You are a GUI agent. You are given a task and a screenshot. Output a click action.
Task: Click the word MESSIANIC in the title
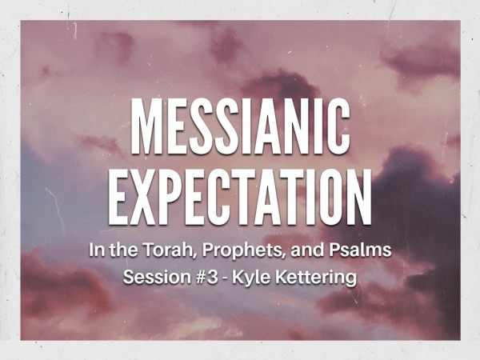click(x=240, y=124)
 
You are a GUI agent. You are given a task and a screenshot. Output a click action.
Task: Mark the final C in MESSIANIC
click(x=339, y=124)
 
